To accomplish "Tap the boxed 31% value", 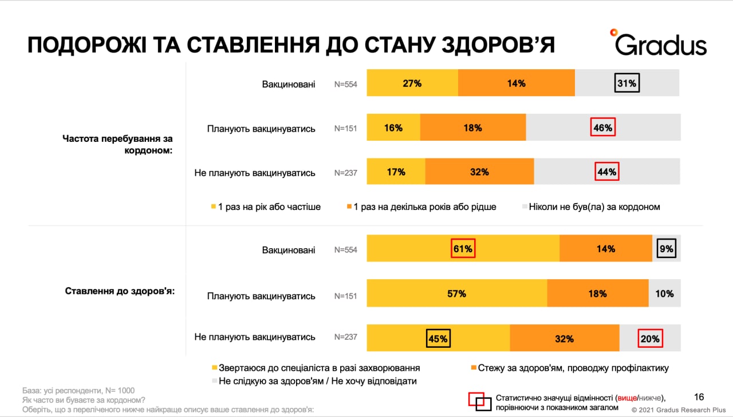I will [x=626, y=84].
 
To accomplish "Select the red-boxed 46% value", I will [x=603, y=128].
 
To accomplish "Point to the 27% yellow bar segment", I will [x=412, y=84].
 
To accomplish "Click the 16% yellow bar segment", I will [x=393, y=128].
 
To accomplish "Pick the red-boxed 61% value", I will [x=463, y=249].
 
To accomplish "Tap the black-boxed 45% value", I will [x=439, y=339].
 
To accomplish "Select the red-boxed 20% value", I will [x=650, y=339].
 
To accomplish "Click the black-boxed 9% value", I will [x=667, y=249].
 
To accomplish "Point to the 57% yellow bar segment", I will [x=456, y=294].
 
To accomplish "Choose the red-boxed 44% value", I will [x=606, y=172].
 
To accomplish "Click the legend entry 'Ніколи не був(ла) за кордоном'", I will [x=594, y=207].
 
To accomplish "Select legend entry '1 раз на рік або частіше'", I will [x=269, y=207].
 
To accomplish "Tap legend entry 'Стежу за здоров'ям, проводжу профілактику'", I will [x=573, y=368].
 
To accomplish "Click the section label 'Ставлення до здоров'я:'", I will [x=120, y=291].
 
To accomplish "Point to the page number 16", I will [x=699, y=397].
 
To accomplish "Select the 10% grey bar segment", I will [x=664, y=294].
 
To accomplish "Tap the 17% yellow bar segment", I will [x=396, y=172].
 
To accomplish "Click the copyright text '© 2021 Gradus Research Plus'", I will [x=679, y=410].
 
